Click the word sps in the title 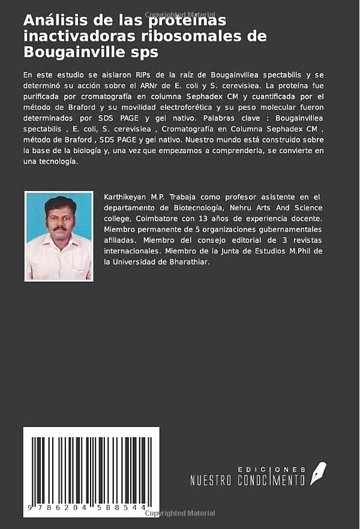pos(144,52)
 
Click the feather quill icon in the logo pos(317,473)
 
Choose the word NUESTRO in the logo pos(212,480)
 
